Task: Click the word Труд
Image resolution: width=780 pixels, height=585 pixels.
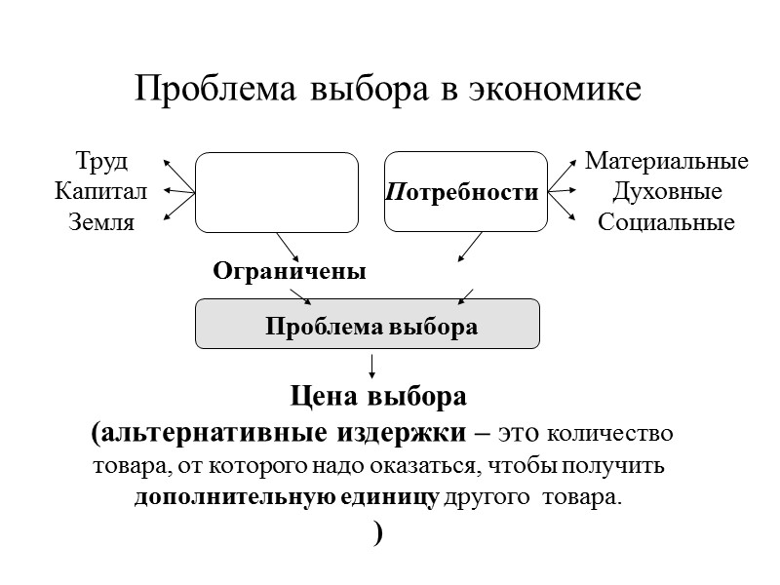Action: pos(101,160)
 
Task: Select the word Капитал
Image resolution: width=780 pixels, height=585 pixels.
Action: pos(101,191)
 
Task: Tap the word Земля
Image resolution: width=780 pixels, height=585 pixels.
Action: pos(101,222)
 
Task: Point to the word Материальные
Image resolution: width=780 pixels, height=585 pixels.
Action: pos(666,160)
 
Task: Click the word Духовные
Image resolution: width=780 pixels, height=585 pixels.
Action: pos(666,191)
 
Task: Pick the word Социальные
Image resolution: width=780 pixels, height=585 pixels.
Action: pos(666,222)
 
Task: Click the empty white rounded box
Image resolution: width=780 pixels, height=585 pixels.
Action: pos(277,192)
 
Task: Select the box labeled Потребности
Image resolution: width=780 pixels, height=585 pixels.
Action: pos(466,192)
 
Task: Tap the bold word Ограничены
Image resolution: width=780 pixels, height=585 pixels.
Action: pos(290,272)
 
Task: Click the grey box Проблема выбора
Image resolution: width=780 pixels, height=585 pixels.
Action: pos(369,325)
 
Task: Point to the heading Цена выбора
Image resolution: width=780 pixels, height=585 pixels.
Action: pos(379,398)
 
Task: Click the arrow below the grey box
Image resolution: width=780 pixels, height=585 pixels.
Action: pos(371,366)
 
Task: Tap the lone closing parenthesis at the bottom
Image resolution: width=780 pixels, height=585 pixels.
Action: pos(377,532)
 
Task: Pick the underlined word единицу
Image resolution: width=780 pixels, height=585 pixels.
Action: pos(391,497)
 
